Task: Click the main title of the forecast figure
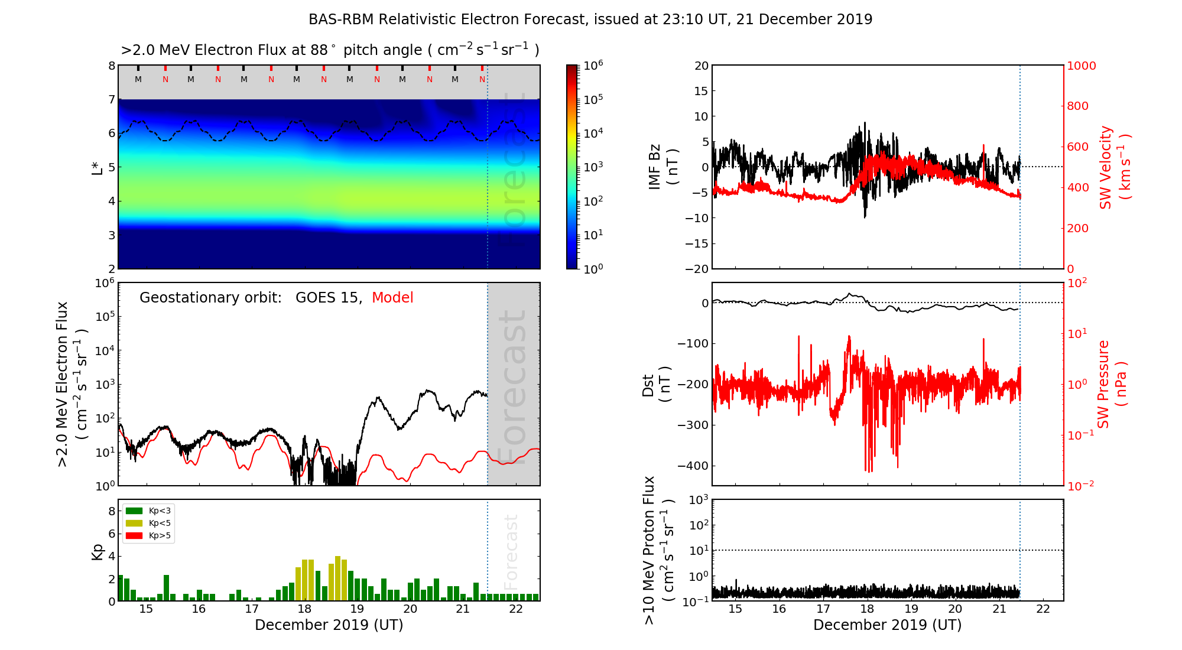click(x=590, y=19)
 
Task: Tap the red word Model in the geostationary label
click(x=392, y=298)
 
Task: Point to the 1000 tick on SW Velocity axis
click(x=1081, y=66)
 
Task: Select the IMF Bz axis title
click(x=663, y=167)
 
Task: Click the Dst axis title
click(x=656, y=384)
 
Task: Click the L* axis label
click(x=98, y=167)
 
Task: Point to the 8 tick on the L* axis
click(x=111, y=66)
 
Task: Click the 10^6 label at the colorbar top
click(x=593, y=66)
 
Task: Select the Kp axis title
click(x=98, y=551)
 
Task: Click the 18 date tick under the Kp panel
click(x=304, y=609)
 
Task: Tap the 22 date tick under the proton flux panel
click(x=1043, y=609)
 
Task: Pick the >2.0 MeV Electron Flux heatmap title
click(x=330, y=50)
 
